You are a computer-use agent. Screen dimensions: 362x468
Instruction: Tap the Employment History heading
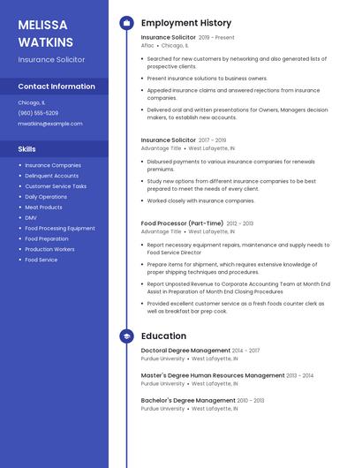[185, 23]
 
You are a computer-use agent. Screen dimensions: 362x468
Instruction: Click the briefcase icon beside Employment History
[126, 23]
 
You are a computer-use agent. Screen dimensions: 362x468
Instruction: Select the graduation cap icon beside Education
[126, 336]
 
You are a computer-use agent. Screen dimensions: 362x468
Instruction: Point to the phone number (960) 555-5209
[38, 113]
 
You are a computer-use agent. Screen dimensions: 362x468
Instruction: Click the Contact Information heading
[57, 87]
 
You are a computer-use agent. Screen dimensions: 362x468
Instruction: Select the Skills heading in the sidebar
[27, 149]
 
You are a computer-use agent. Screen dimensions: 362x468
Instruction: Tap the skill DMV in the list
[31, 218]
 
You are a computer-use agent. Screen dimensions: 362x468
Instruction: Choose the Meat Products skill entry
[43, 208]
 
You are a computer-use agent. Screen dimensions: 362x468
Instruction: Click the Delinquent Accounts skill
[51, 176]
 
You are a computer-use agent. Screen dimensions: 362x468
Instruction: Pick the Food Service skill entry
[41, 260]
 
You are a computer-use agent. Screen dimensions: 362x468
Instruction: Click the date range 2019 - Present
[216, 38]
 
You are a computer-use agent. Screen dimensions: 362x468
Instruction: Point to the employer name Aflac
[148, 46]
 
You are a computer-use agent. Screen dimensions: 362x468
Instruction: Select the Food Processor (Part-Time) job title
[182, 224]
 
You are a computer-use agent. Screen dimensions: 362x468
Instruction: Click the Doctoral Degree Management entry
[185, 351]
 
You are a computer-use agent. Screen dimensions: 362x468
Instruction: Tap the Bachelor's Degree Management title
[187, 400]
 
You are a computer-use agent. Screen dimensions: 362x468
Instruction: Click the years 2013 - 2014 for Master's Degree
[300, 375]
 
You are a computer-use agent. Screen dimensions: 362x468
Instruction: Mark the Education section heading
[163, 336]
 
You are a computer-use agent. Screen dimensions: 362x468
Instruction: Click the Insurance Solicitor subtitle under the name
[51, 59]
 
